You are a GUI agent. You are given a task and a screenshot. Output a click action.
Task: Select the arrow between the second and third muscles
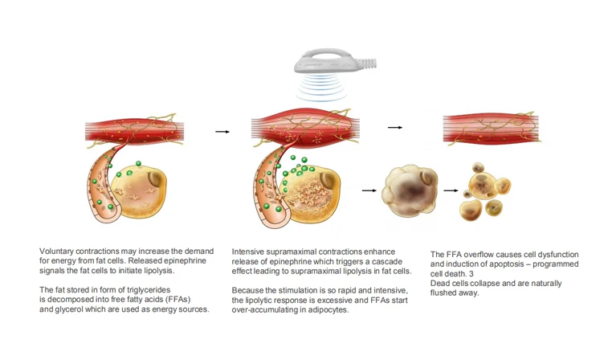(x=394, y=127)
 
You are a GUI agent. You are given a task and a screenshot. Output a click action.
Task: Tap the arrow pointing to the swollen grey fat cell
(x=369, y=190)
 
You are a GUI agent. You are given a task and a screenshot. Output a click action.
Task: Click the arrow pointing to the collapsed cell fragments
(x=451, y=191)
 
